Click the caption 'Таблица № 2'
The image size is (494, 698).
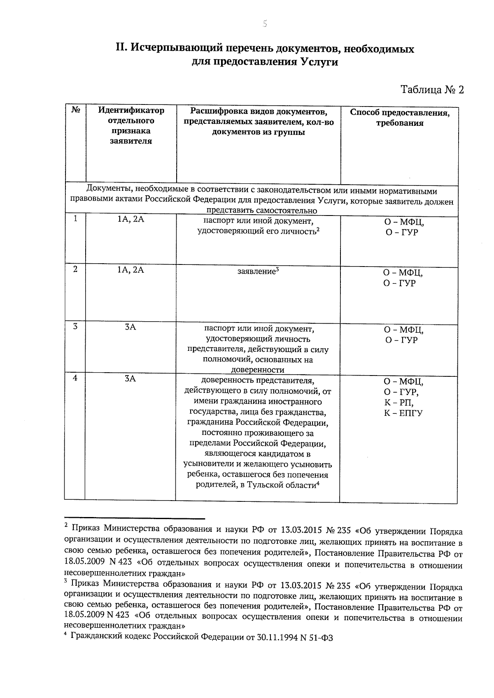point(432,90)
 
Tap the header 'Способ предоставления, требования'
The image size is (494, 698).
point(399,118)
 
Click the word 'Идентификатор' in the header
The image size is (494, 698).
point(130,110)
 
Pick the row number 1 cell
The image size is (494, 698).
point(75,219)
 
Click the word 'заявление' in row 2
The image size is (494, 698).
point(256,271)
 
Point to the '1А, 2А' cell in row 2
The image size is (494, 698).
point(130,270)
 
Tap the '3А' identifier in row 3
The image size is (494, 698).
point(130,327)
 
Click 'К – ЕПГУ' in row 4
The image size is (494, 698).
point(403,413)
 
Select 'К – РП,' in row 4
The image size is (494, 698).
point(398,402)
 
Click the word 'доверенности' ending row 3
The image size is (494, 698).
point(258,370)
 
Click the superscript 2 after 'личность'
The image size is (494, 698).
point(318,230)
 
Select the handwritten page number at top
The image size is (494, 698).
point(265,24)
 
